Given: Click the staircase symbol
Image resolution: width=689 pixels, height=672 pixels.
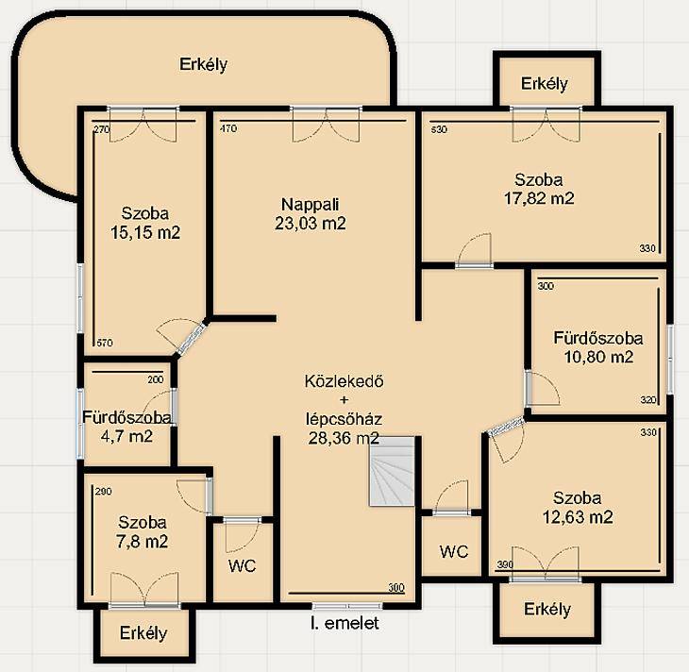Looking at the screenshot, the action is [x=392, y=472].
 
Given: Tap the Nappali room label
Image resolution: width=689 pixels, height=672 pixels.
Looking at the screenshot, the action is [x=311, y=205].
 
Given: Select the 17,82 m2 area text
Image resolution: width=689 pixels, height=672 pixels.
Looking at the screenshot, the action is [x=539, y=198].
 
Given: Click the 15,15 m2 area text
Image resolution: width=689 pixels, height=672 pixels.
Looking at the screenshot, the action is [x=145, y=232].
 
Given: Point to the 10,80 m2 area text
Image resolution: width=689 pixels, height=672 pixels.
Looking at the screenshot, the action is [x=598, y=357].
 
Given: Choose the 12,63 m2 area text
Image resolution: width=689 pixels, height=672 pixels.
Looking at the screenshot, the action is [x=578, y=517].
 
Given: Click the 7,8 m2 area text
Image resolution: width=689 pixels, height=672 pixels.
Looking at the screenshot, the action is [x=142, y=542].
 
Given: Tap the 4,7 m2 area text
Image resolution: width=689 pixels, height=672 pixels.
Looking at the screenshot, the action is [x=126, y=436].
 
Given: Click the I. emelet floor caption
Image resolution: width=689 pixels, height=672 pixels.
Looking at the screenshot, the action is [x=344, y=623].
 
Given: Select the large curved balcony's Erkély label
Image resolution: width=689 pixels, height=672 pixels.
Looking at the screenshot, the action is [x=204, y=64].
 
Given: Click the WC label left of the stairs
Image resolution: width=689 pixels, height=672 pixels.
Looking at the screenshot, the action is [x=243, y=565].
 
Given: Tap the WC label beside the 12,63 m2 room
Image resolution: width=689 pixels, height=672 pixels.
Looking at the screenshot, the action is [x=454, y=551].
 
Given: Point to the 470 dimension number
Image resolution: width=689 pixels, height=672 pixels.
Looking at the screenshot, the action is [x=228, y=128].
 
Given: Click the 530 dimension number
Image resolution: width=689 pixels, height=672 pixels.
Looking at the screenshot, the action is [x=439, y=129].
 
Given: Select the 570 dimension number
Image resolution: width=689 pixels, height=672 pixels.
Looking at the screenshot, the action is [x=104, y=343].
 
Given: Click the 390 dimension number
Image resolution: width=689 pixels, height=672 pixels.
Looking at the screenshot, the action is [x=505, y=564].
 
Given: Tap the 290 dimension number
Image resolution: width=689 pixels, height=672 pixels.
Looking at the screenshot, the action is [x=103, y=492].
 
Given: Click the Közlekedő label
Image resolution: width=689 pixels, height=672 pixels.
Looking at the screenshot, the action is [x=344, y=381].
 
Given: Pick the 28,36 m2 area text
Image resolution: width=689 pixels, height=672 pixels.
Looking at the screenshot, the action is [x=344, y=438].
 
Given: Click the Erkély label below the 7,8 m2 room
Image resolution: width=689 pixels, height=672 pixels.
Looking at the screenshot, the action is [x=143, y=633].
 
